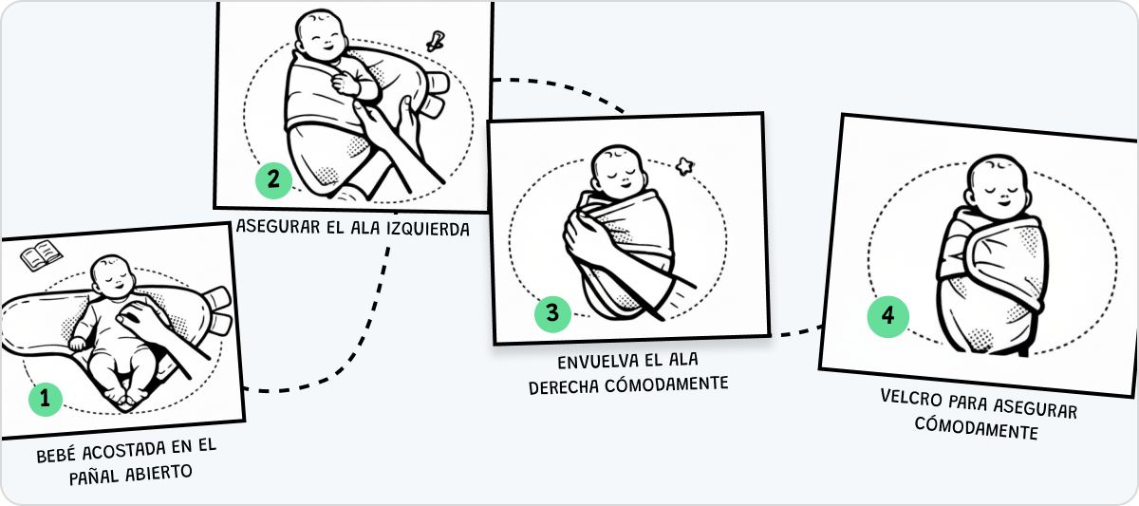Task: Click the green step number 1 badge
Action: [45, 401]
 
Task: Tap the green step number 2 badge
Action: [272, 179]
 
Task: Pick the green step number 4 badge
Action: [887, 316]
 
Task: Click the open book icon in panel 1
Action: [41, 255]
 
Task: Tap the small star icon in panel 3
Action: [683, 167]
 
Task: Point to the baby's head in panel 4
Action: [993, 185]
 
